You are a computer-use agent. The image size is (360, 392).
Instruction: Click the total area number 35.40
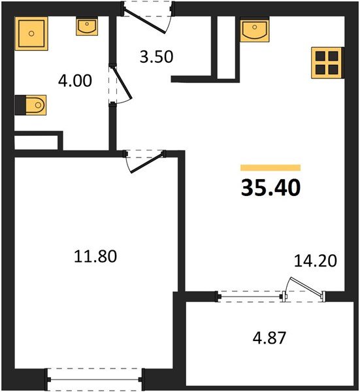tap(270, 188)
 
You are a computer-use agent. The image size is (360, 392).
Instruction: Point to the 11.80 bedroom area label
tap(95, 257)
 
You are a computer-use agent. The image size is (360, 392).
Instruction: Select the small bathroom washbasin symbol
tap(87, 26)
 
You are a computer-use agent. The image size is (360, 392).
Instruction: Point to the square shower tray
tap(31, 33)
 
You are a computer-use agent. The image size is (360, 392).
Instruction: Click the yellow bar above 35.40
tap(270, 168)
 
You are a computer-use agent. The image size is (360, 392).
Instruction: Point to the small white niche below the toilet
tap(38, 140)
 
